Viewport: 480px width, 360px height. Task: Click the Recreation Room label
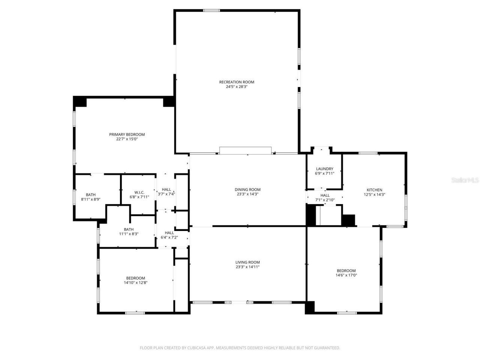237,82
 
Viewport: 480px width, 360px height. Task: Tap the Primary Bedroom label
127,135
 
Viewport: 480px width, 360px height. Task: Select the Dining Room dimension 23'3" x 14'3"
247,194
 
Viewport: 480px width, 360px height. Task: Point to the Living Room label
247,262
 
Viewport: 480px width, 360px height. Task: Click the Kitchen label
374,190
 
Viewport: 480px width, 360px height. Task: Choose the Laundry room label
324,169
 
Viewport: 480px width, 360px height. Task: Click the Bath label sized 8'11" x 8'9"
91,195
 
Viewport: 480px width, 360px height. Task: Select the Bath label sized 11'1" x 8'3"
129,229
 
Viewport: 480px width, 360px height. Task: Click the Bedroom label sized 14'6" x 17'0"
346,271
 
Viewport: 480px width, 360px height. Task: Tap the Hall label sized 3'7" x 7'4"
166,190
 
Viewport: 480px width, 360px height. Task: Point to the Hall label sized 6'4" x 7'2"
169,233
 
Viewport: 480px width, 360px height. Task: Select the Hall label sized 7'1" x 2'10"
325,195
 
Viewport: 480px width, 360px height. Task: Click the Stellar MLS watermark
465,180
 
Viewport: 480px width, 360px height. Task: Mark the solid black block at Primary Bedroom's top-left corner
79,102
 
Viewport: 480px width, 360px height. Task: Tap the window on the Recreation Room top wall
211,10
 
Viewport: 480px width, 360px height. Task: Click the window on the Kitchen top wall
368,153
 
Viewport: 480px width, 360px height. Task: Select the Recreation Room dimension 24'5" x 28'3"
237,87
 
